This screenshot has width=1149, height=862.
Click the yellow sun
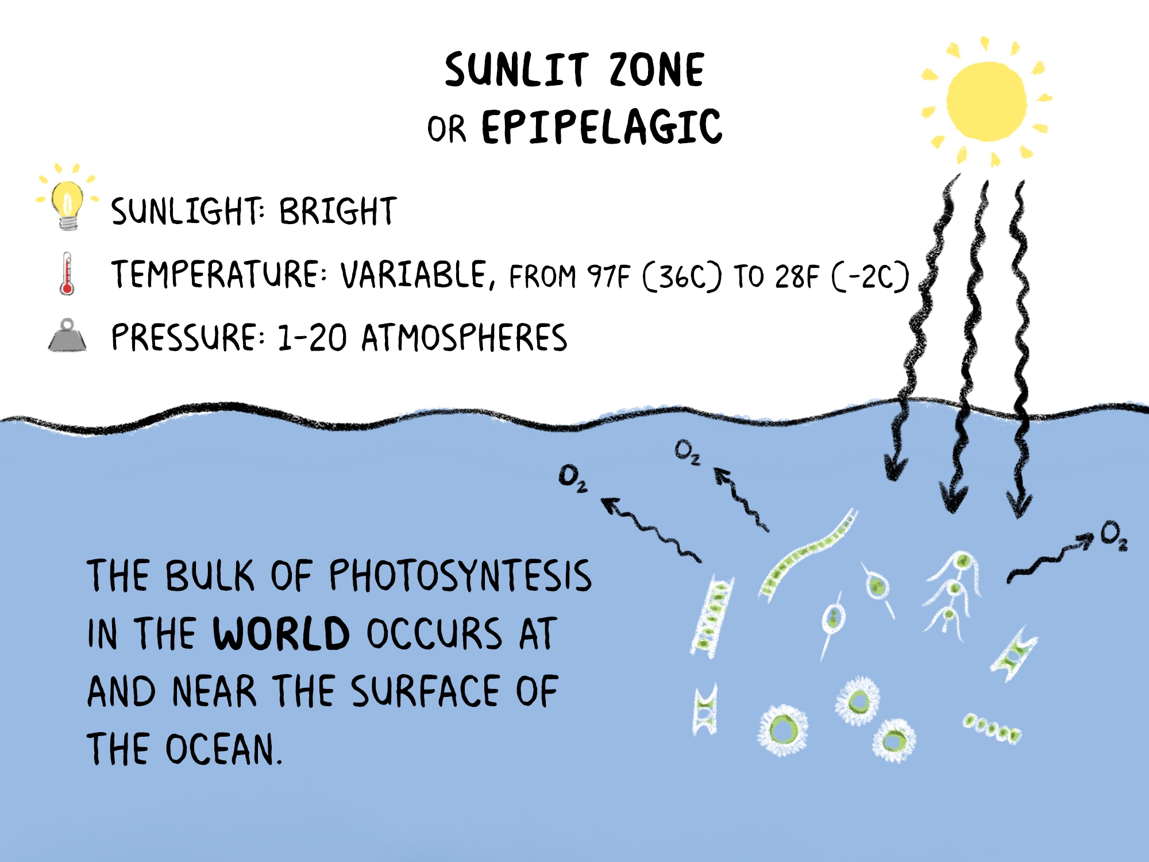(986, 102)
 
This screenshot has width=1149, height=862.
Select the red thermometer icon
(67, 274)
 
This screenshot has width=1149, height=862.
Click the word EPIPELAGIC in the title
(602, 127)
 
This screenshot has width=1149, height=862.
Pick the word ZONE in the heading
(657, 70)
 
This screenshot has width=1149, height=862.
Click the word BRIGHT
(338, 211)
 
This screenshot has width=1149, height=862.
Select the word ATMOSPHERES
(464, 337)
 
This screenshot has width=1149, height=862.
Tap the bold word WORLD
(281, 633)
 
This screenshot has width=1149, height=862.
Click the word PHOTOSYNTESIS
(460, 575)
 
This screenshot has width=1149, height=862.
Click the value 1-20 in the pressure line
(312, 337)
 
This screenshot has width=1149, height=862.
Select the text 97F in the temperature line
(608, 276)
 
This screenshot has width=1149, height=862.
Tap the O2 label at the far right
(1114, 536)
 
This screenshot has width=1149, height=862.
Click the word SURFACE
(425, 691)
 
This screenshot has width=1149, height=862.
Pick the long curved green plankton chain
(807, 554)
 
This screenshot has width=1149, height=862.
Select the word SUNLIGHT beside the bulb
(188, 211)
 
